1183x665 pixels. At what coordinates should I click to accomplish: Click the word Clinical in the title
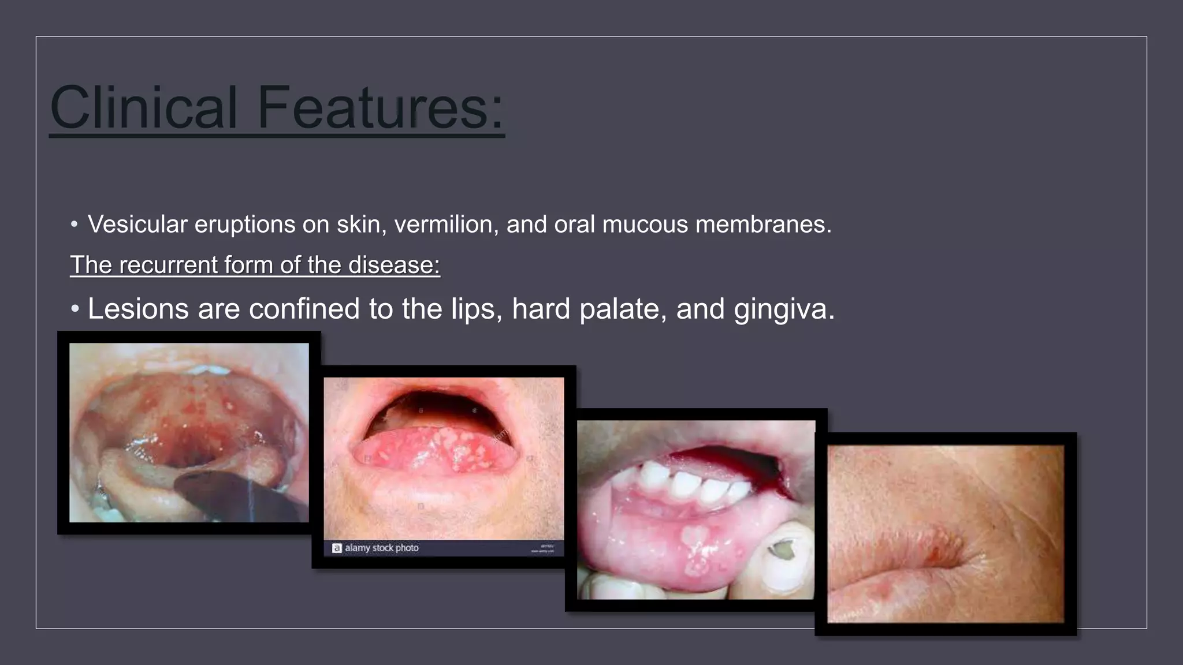[144, 108]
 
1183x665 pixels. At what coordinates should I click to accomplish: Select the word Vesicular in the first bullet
[137, 225]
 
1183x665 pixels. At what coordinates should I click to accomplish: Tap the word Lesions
[137, 309]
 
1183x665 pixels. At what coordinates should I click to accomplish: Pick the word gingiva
[784, 309]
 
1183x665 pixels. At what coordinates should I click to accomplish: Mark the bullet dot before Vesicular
[74, 225]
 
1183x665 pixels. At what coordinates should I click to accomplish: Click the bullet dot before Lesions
[75, 309]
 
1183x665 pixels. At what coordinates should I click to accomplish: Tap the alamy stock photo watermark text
[381, 548]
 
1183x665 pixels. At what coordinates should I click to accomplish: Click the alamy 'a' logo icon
[337, 548]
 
